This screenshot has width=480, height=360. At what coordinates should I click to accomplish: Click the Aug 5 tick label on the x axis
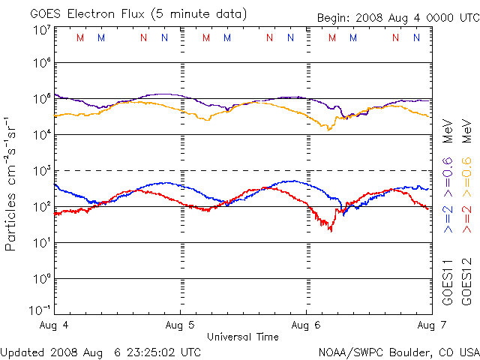180,325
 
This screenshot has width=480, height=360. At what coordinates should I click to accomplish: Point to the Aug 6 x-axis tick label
306,325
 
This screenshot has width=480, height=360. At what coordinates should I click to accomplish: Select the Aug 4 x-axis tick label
55,325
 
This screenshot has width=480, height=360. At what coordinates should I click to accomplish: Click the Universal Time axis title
243,337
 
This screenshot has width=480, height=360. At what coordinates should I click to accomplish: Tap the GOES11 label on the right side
448,282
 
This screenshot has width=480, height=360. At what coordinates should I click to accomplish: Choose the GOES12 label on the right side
466,282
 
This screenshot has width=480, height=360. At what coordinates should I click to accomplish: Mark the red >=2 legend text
466,217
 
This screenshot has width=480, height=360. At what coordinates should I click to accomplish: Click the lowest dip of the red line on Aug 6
331,230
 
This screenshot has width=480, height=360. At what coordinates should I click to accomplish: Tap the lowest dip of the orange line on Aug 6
328,130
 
